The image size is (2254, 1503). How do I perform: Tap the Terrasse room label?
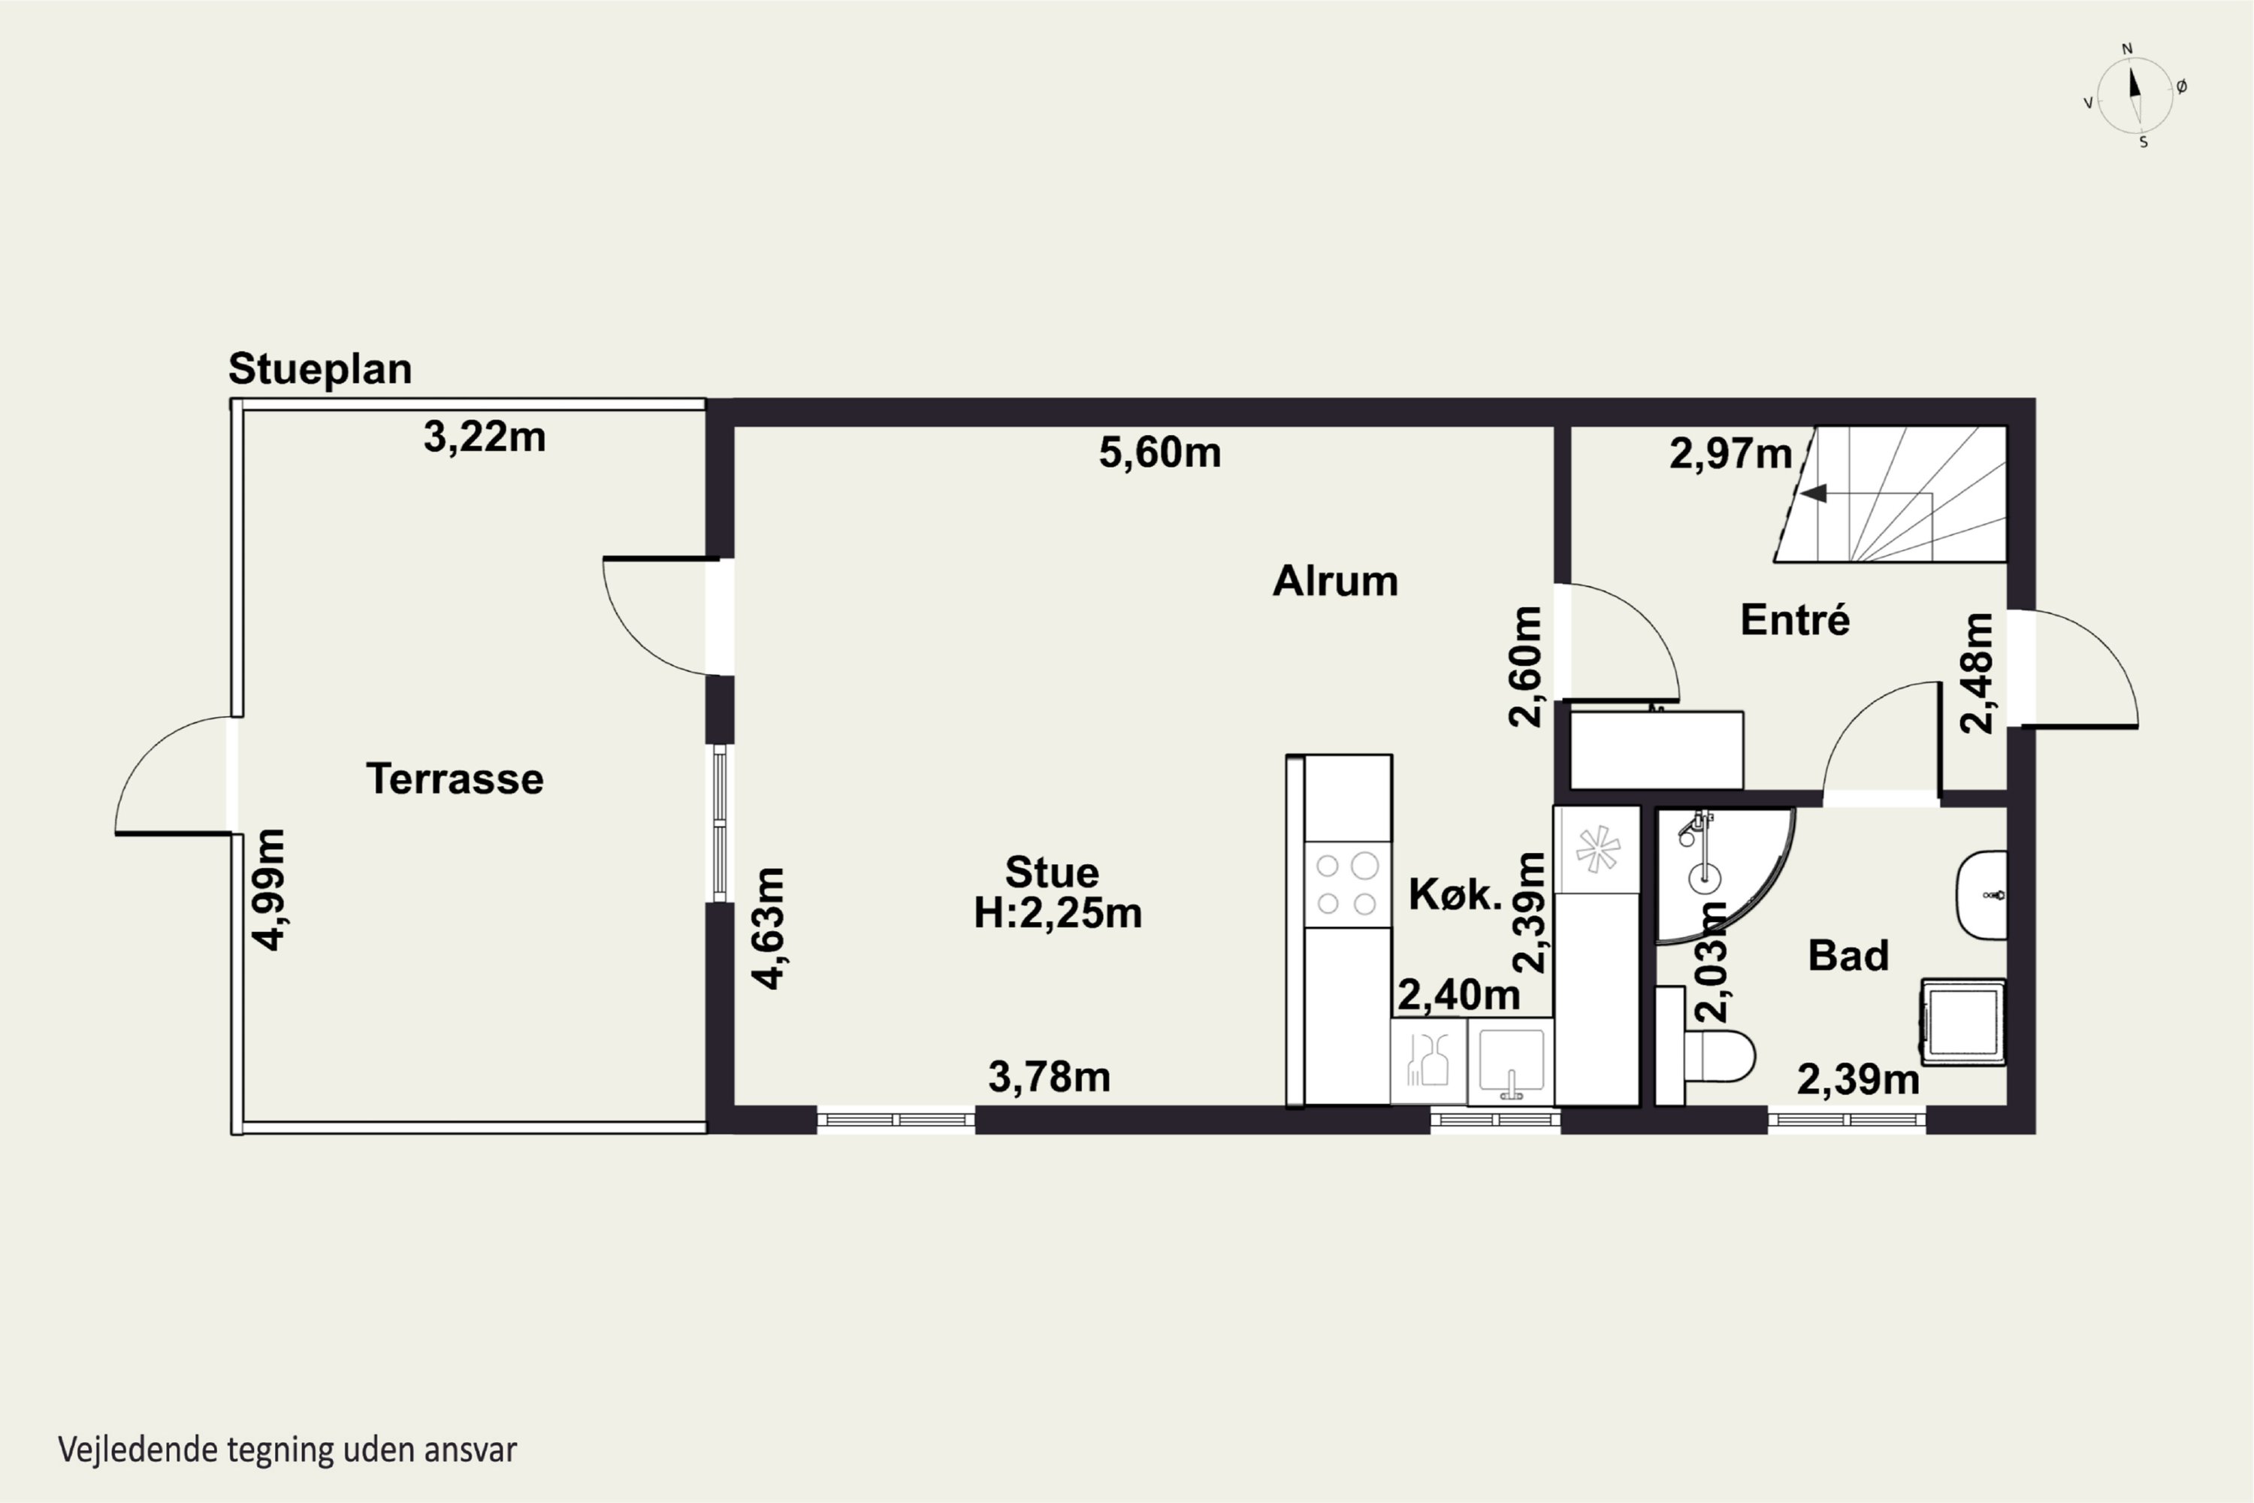455,779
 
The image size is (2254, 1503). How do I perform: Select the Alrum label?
1335,581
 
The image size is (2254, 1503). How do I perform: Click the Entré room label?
1795,619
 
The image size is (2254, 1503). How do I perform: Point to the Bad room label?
1848,956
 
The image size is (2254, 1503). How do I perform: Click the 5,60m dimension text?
1159,452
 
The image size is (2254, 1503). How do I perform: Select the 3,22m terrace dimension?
485,437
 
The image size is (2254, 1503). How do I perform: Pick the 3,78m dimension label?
1050,1076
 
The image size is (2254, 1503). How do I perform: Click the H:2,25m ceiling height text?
1058,912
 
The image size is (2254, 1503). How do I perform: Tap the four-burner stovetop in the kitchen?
1346,884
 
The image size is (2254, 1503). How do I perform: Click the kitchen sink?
1510,1061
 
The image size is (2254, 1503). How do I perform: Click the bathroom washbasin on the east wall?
1981,895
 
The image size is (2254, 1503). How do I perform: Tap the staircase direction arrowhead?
1813,494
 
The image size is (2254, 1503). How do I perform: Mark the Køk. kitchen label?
1455,894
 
